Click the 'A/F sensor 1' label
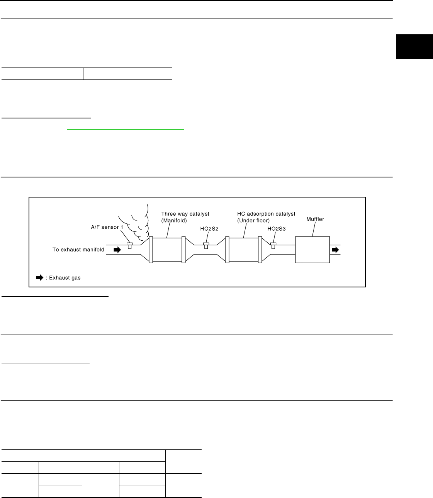[x=104, y=227]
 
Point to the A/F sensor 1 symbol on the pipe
[x=130, y=246]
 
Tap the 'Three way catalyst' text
[x=185, y=214]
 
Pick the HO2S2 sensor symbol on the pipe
[x=206, y=246]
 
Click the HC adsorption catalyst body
[x=243, y=250]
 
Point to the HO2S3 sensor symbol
[x=273, y=246]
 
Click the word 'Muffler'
[x=315, y=219]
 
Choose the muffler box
[x=312, y=250]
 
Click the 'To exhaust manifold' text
[x=78, y=250]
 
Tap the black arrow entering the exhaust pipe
[x=117, y=250]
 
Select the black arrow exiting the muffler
[x=335, y=250]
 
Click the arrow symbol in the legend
[x=39, y=277]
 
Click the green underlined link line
[x=126, y=130]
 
